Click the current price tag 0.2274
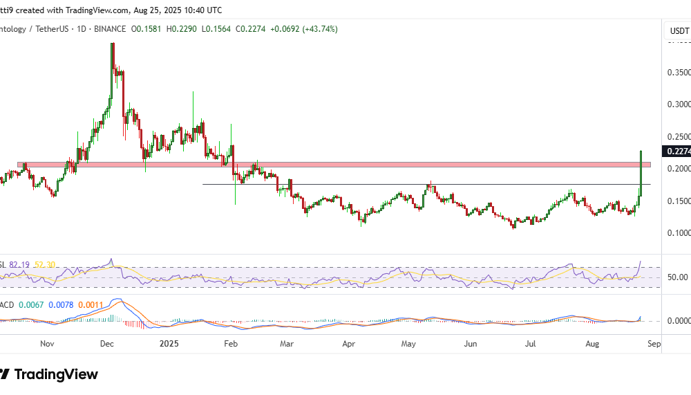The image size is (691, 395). point(676,151)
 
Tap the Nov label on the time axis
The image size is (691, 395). point(47,343)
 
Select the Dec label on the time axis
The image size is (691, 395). point(107,343)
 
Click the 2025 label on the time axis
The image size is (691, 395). point(169,343)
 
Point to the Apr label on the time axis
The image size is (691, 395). point(349,343)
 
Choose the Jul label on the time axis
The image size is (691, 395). point(530,343)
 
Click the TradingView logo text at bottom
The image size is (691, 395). point(56,375)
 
